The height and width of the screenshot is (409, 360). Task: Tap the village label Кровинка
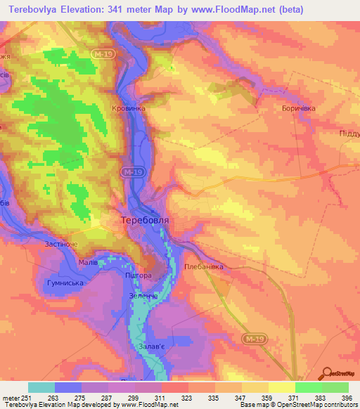(x=129, y=109)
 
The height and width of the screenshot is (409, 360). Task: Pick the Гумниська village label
(x=65, y=283)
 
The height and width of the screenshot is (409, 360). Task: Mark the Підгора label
(x=138, y=275)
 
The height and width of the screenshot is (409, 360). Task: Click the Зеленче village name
(x=143, y=297)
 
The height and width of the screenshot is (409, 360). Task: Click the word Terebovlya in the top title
(x=40, y=10)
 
